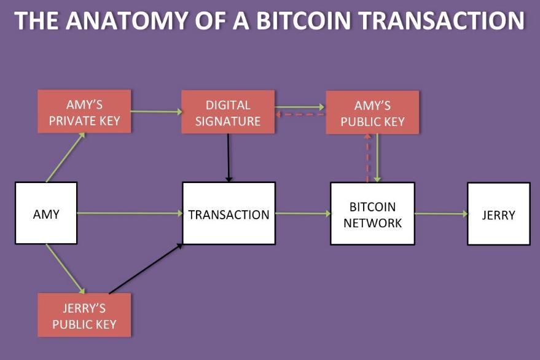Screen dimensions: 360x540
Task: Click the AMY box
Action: coord(46,213)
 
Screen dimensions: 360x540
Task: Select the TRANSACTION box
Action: coord(229,213)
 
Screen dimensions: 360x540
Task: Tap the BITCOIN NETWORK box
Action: coord(372,214)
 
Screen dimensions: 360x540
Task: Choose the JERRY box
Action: coord(498,214)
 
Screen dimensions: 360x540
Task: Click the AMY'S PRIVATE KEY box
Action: coord(84,111)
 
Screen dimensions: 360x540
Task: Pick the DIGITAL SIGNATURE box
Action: coord(228,112)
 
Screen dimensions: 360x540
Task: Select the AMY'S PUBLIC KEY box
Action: coord(372,112)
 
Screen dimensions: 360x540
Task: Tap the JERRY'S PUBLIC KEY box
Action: coord(84,315)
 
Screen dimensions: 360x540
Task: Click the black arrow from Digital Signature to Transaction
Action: coord(229,157)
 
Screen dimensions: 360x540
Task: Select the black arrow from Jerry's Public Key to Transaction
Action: coord(146,268)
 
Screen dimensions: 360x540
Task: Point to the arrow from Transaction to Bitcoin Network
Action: coord(303,214)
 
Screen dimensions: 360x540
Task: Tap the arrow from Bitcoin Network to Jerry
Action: coord(441,214)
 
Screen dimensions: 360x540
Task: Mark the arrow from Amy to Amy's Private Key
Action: coord(65,157)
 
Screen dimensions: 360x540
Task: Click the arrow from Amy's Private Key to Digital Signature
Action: coord(157,111)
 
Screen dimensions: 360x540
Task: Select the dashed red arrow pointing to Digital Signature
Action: coord(300,115)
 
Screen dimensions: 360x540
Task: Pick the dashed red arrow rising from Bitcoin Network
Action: coord(367,158)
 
